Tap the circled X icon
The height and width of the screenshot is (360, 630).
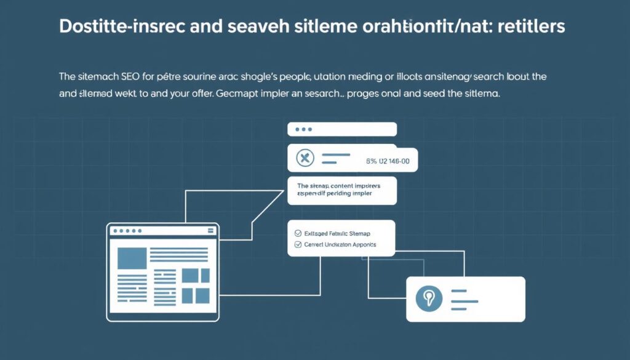305,159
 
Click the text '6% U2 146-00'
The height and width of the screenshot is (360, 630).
388,161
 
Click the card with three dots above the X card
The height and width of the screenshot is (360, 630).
341,129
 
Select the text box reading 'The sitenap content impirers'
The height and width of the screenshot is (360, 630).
341,190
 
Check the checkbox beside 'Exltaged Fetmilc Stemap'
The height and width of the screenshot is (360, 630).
299,234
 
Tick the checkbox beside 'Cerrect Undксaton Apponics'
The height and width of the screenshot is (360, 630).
299,244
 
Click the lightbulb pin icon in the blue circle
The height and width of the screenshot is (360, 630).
429,298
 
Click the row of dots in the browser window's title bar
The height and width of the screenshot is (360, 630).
125,231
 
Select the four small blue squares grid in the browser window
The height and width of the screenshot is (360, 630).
196,286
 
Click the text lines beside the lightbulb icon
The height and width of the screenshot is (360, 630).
466,298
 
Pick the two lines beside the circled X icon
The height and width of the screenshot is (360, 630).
337,159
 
